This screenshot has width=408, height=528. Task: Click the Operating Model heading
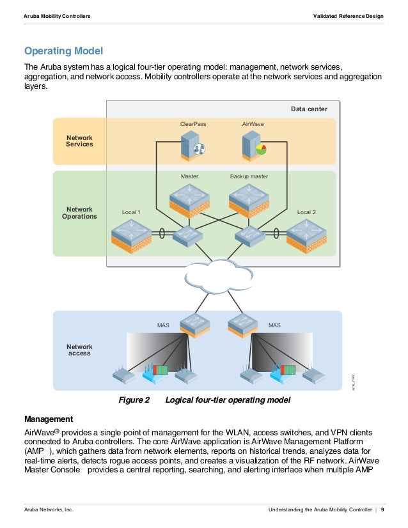tap(63, 50)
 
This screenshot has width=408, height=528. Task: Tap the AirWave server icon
tap(255, 147)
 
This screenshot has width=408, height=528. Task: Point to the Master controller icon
tap(189, 198)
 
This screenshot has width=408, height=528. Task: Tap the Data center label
tap(309, 109)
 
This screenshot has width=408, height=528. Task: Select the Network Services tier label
tap(79, 141)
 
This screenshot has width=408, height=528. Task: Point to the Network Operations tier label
tap(79, 213)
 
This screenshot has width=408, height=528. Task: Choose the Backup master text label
tap(249, 176)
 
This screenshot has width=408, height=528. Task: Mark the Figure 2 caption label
tap(134, 400)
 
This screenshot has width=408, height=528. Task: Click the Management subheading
tap(49, 419)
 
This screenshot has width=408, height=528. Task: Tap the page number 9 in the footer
tap(382, 509)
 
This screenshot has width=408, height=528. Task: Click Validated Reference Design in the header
tap(349, 15)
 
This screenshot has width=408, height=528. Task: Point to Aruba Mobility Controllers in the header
tap(57, 15)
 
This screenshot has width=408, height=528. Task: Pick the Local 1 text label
tap(131, 212)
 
